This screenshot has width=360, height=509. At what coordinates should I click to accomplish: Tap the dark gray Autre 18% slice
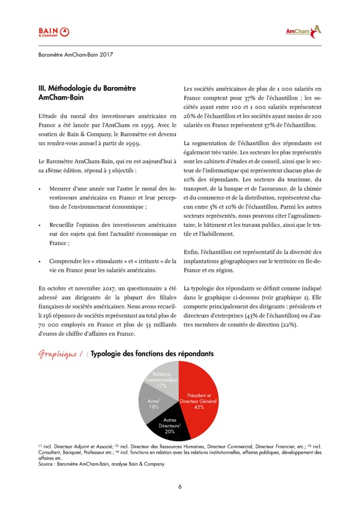point(154,403)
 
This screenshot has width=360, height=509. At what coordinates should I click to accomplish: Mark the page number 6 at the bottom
point(180,486)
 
